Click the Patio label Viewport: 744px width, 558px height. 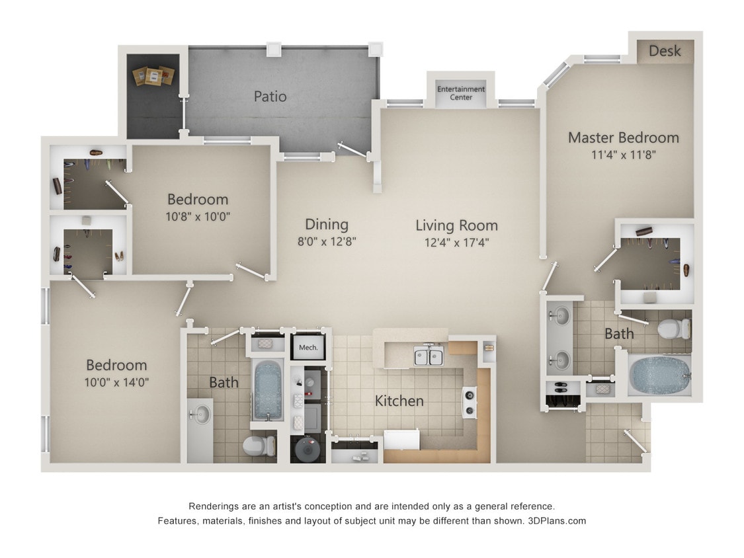tap(270, 97)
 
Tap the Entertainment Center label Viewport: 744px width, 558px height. tap(461, 93)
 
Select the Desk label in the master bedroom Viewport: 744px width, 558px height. tap(665, 51)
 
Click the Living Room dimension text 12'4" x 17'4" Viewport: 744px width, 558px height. tap(456, 243)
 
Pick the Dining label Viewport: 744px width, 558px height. tap(326, 224)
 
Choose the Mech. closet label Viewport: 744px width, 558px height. tap(308, 347)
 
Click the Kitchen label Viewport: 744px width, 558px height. tap(399, 401)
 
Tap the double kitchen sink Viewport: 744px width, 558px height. tap(428, 357)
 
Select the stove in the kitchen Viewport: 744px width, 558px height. tap(470, 402)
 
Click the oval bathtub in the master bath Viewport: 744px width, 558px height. tap(659, 375)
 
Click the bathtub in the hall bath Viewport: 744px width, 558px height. tap(268, 390)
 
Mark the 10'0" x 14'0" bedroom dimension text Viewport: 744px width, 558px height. tap(116, 382)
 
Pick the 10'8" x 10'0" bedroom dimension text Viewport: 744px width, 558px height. tap(197, 216)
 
